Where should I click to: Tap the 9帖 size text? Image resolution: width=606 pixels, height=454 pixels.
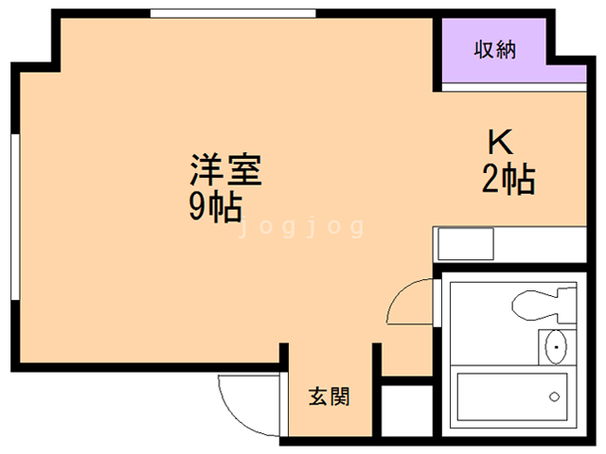pyautogui.click(x=213, y=205)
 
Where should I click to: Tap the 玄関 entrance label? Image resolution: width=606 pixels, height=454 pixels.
pyautogui.click(x=329, y=396)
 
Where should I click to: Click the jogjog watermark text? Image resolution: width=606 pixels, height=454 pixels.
pyautogui.click(x=301, y=228)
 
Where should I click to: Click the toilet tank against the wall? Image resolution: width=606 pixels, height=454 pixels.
pyautogui.click(x=564, y=306)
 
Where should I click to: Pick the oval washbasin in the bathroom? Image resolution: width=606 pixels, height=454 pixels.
pyautogui.click(x=554, y=348)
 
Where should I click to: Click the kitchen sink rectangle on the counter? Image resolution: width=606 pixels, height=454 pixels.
pyautogui.click(x=465, y=243)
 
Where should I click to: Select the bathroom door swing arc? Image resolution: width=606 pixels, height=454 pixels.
pyautogui.click(x=409, y=303)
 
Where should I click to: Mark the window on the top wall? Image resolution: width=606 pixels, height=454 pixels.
pyautogui.click(x=232, y=13)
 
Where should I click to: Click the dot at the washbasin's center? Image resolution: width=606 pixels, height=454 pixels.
pyautogui.click(x=554, y=348)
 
